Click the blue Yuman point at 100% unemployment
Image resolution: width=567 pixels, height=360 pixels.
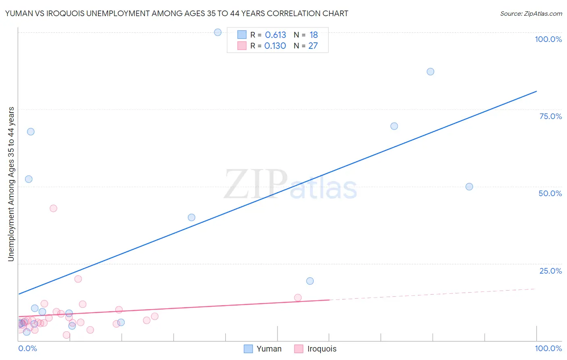pyautogui.click(x=218, y=32)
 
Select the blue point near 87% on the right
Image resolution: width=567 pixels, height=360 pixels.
pyautogui.click(x=430, y=71)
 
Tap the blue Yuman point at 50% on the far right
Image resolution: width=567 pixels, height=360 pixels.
pyautogui.click(x=469, y=186)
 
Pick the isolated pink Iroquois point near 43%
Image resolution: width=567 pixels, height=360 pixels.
pyautogui.click(x=53, y=208)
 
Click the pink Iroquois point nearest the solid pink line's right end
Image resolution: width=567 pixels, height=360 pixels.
pyautogui.click(x=298, y=297)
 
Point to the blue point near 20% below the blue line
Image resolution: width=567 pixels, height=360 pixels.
pyautogui.click(x=310, y=281)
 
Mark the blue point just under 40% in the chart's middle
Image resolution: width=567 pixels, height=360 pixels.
pyautogui.click(x=192, y=217)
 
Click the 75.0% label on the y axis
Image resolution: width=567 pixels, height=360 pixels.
pyautogui.click(x=550, y=116)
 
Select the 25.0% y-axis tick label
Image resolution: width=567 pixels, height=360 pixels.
pyautogui.click(x=550, y=270)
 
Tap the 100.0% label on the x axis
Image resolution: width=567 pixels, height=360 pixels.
pyautogui.click(x=548, y=348)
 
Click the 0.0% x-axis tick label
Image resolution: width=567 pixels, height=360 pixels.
pyautogui.click(x=27, y=348)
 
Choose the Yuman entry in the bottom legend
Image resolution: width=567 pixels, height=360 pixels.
pyautogui.click(x=263, y=349)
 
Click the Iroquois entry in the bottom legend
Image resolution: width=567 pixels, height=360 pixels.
pyautogui.click(x=315, y=349)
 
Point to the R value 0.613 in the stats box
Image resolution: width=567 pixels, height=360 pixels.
pyautogui.click(x=275, y=35)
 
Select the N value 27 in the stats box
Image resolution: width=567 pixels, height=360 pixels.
pyautogui.click(x=313, y=46)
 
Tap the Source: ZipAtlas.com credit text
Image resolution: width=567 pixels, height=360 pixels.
pyautogui.click(x=531, y=13)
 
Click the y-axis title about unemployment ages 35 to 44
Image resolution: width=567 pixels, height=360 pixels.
pyautogui.click(x=11, y=184)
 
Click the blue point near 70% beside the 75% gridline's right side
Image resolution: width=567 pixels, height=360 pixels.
pyautogui.click(x=394, y=126)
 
